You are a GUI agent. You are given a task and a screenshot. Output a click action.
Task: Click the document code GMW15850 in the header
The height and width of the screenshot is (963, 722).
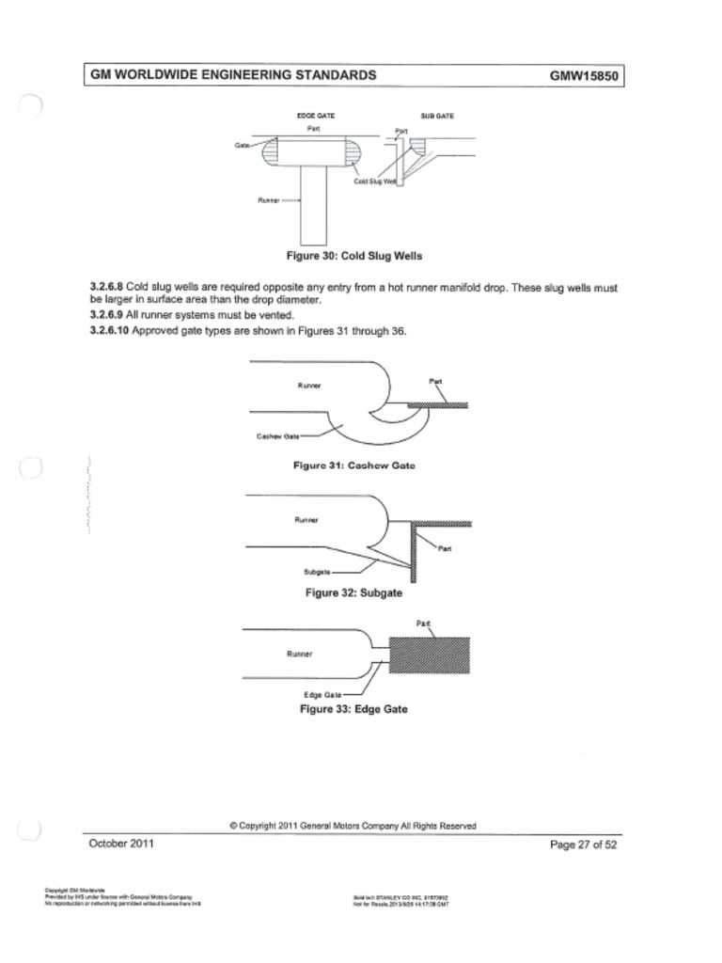pyautogui.click(x=584, y=76)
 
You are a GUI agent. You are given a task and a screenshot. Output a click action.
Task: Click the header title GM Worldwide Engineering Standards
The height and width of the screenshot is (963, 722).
pyautogui.click(x=233, y=75)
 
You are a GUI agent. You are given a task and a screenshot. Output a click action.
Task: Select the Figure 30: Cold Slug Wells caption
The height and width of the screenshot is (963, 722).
pyautogui.click(x=354, y=256)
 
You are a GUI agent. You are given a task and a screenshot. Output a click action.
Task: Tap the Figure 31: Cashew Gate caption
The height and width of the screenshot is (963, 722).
pyautogui.click(x=354, y=466)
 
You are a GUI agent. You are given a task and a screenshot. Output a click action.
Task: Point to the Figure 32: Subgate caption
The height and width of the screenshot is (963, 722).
pyautogui.click(x=353, y=593)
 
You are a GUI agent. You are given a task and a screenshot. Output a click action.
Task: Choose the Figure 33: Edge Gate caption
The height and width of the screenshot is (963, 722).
pyautogui.click(x=353, y=709)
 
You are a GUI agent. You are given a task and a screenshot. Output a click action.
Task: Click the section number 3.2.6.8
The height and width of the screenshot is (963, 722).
pyautogui.click(x=106, y=288)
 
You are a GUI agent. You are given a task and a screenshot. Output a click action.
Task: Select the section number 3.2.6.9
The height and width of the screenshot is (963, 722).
pyautogui.click(x=106, y=315)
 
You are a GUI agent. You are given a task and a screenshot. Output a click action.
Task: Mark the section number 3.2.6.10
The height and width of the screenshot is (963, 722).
pyautogui.click(x=109, y=331)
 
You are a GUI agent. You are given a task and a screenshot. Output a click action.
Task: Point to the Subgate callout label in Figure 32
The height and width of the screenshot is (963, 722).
pyautogui.click(x=317, y=572)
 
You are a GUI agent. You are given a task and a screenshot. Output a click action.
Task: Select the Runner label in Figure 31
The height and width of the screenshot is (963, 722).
pyautogui.click(x=309, y=385)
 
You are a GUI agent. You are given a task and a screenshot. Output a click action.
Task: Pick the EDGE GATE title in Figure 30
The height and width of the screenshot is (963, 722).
pyautogui.click(x=316, y=116)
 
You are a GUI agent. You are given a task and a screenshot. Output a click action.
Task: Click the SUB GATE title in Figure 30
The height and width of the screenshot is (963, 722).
pyautogui.click(x=437, y=116)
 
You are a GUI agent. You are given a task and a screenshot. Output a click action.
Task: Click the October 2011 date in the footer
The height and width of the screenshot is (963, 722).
pyautogui.click(x=122, y=844)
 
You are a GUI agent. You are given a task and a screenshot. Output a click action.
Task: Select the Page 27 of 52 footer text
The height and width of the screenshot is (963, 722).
pyautogui.click(x=583, y=845)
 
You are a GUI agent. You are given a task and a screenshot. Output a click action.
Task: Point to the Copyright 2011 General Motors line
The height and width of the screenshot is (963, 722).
pyautogui.click(x=353, y=826)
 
